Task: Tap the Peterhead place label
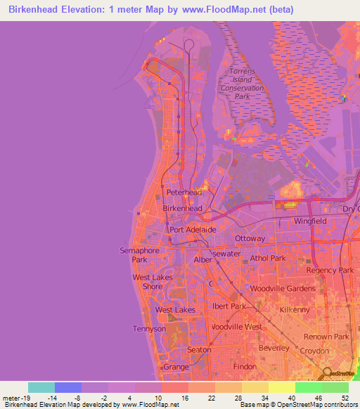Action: coord(184,192)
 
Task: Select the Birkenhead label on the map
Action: coord(183,209)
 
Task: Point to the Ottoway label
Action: coord(250,238)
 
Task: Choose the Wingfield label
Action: coord(310,221)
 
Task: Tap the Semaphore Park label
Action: coord(134,254)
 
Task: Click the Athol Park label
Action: coord(268,258)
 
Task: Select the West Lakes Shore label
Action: coord(148,282)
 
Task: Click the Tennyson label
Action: coord(149,328)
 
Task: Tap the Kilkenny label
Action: coord(295,309)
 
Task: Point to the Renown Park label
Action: coord(326,337)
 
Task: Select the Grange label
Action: coord(176,367)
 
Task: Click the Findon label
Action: coord(244,367)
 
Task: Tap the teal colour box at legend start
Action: coord(41,387)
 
